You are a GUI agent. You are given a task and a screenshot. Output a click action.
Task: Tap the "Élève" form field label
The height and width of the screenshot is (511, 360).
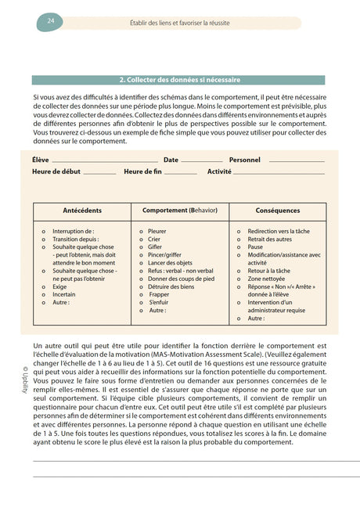click(x=40, y=160)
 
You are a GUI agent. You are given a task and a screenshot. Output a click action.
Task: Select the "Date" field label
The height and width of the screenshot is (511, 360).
click(x=171, y=160)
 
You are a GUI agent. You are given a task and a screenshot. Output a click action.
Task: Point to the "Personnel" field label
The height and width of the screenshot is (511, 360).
click(x=245, y=160)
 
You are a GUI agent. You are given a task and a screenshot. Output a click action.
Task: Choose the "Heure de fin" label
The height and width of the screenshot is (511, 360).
click(x=143, y=171)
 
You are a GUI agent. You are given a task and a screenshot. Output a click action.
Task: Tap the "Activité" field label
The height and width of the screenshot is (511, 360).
click(x=219, y=171)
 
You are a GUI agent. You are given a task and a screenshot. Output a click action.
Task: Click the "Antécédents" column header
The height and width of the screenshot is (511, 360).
click(x=81, y=211)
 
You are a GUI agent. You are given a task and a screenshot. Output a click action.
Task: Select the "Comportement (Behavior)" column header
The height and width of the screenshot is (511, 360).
click(x=179, y=211)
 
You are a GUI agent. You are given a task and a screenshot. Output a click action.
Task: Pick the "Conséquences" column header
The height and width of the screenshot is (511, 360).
click(x=277, y=211)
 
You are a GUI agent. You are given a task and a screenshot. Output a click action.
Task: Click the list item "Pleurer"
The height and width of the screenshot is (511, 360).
click(x=157, y=232)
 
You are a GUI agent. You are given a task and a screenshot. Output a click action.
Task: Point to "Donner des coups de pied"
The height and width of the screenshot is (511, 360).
click(x=181, y=279)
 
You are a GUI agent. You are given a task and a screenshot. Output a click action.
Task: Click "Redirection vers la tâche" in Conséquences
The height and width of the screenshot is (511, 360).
click(x=279, y=232)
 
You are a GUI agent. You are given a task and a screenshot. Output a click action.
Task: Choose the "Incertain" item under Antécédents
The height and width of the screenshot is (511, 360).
click(x=65, y=294)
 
